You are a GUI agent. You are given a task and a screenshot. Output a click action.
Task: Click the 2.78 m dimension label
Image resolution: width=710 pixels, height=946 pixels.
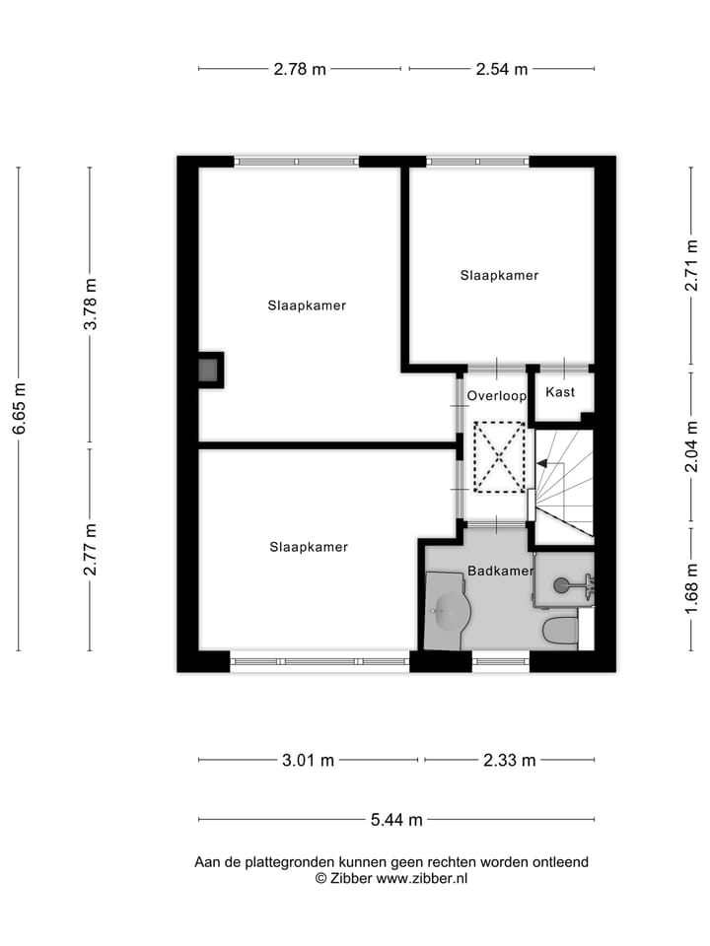click(300, 69)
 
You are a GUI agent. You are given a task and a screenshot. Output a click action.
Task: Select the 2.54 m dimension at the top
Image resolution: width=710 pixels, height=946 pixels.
click(501, 69)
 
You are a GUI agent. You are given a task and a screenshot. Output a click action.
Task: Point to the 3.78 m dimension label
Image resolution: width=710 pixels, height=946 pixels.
click(90, 304)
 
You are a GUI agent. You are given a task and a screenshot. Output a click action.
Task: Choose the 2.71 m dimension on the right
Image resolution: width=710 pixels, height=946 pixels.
click(691, 266)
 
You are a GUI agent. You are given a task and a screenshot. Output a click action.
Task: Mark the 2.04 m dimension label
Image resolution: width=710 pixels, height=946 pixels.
click(691, 446)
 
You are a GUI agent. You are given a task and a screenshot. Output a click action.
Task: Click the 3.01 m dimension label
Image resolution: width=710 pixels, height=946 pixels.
click(308, 760)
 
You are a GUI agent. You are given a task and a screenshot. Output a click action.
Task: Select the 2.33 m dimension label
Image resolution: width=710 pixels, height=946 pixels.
click(509, 760)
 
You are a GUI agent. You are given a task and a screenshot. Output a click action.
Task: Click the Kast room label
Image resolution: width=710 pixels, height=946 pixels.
click(560, 392)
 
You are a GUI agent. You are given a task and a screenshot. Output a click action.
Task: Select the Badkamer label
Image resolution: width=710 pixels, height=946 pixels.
click(500, 571)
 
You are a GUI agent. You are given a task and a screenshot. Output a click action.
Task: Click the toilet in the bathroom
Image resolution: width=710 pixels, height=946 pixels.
click(560, 629)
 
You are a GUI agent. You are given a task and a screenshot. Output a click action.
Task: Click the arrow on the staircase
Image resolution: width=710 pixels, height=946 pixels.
click(543, 463)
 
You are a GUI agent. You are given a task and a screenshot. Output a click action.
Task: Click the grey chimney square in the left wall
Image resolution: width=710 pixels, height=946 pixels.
click(208, 371)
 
